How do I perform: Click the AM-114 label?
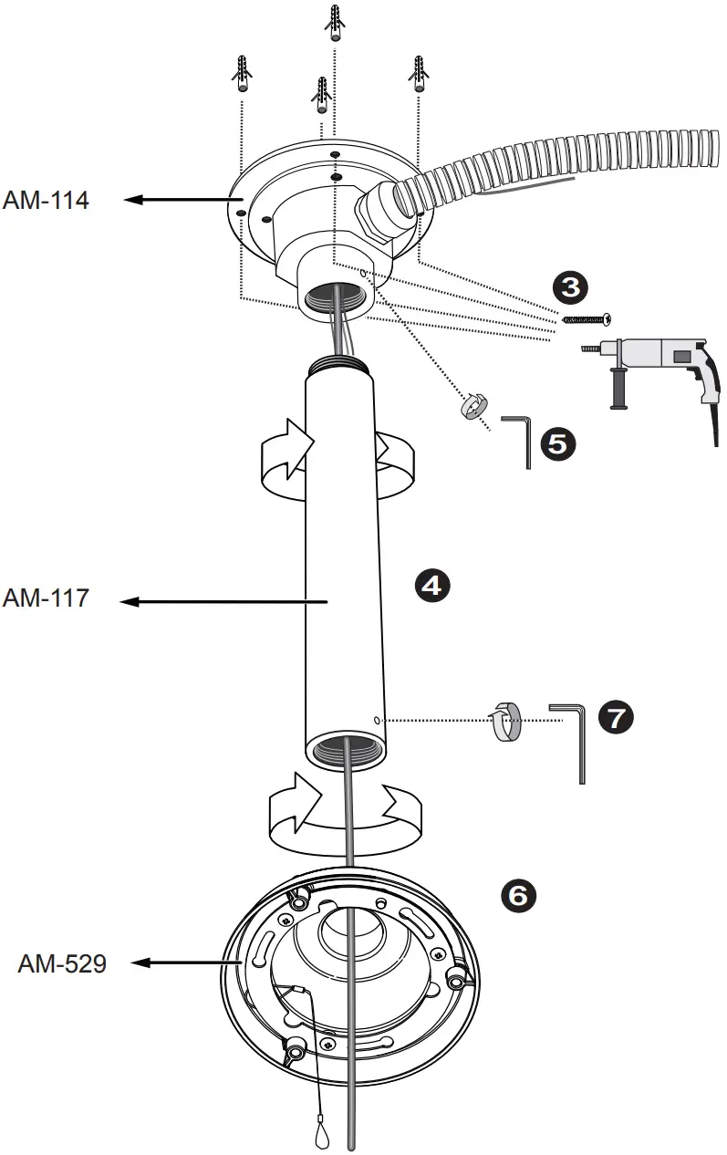click(46, 200)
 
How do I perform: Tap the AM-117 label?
click(46, 598)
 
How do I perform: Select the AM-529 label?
click(62, 963)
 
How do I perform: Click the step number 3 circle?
click(570, 287)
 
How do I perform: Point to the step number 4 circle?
click(431, 585)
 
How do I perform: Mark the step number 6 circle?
click(517, 895)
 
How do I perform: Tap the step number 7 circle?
click(615, 717)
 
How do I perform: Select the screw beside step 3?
click(585, 318)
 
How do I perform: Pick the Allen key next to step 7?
click(569, 739)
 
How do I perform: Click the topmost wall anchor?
click(335, 23)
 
